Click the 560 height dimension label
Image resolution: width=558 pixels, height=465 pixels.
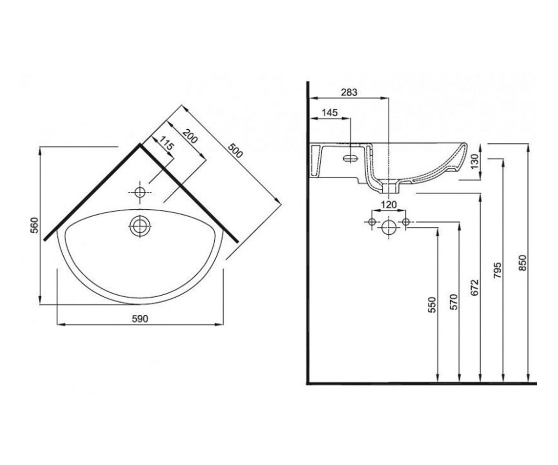pyautogui.click(x=34, y=225)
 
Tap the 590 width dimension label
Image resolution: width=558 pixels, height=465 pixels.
pyautogui.click(x=140, y=319)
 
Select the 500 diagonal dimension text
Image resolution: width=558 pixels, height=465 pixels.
pyautogui.click(x=235, y=150)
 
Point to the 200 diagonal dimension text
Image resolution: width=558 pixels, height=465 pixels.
pyautogui.click(x=190, y=136)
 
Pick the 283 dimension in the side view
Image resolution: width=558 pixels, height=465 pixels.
pyautogui.click(x=349, y=92)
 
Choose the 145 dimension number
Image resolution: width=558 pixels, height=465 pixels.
pyautogui.click(x=330, y=113)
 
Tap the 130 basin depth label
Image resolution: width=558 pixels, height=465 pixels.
pyautogui.click(x=474, y=161)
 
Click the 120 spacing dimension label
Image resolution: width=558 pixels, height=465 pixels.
pyautogui.click(x=389, y=205)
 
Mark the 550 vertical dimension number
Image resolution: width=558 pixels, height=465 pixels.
pyautogui.click(x=432, y=305)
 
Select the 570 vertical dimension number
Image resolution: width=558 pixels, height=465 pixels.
pyautogui.click(x=453, y=302)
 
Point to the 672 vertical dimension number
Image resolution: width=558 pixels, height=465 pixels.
pyautogui.click(x=474, y=287)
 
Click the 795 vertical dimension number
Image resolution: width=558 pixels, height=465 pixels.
pyautogui.click(x=498, y=271)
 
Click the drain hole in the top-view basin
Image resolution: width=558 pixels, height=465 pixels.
pyautogui.click(x=140, y=226)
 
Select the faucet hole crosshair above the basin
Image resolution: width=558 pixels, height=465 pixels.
pyautogui.click(x=140, y=193)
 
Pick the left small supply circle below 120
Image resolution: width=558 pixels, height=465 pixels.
pyautogui.click(x=372, y=221)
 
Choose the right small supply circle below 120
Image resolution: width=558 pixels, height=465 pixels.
pyautogui.click(x=405, y=221)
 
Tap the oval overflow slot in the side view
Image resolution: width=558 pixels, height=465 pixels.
pyautogui.click(x=350, y=159)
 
